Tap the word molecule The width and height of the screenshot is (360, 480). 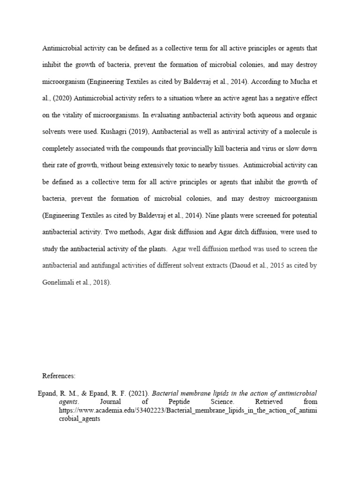[297, 131]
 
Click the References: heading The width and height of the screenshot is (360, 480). [59, 375]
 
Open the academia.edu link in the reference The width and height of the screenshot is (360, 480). [187, 411]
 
